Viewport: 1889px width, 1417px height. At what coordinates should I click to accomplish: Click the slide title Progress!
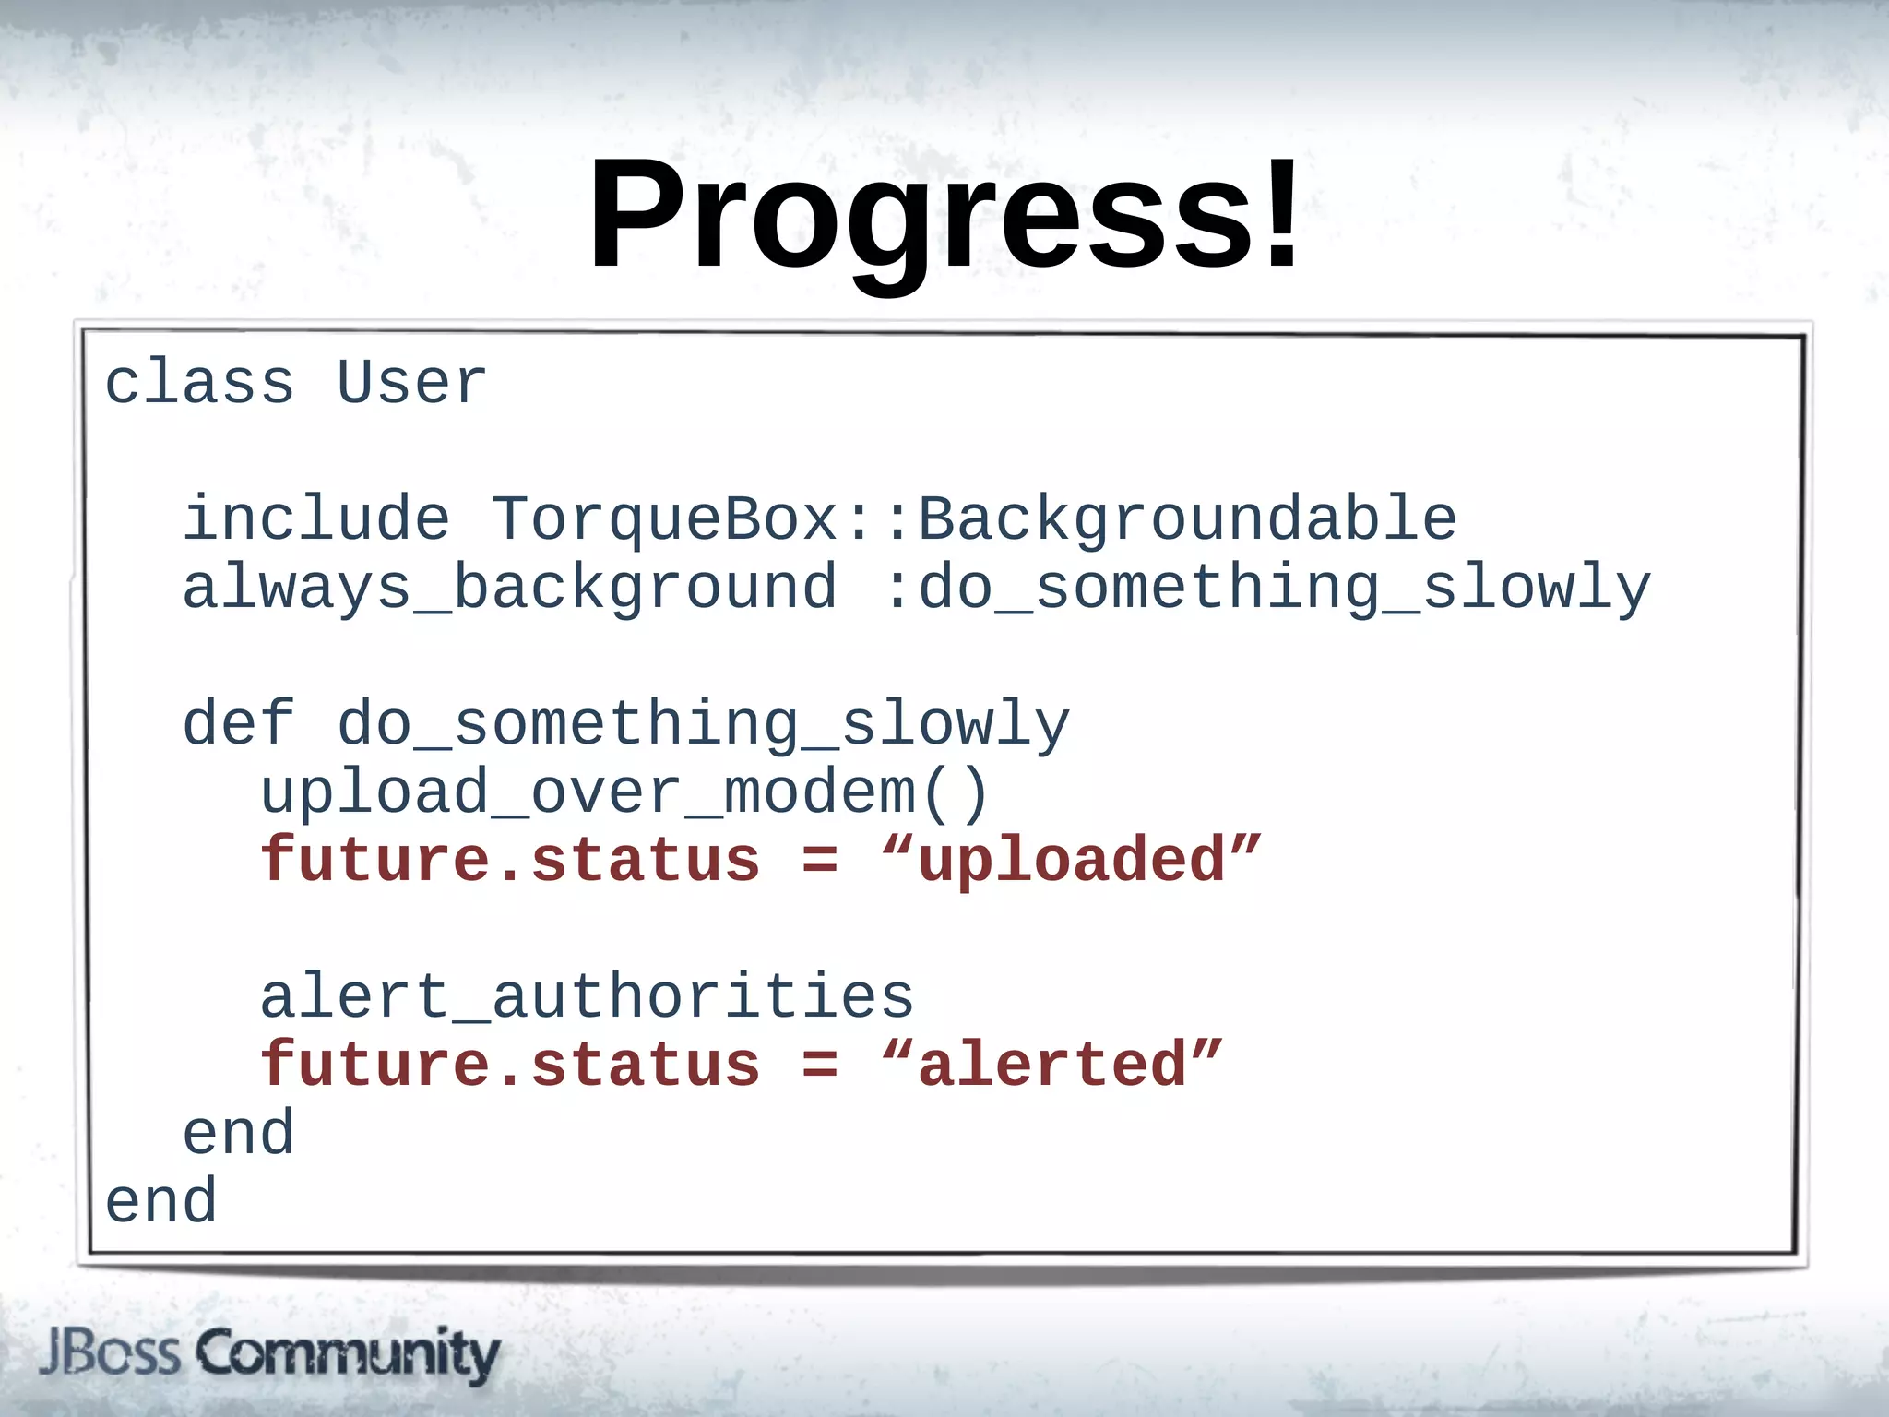click(x=943, y=214)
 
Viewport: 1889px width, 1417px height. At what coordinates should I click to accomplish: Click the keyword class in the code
click(x=199, y=383)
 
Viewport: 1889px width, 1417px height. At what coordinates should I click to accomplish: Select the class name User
click(x=411, y=383)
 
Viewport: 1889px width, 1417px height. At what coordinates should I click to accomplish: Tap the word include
click(x=316, y=518)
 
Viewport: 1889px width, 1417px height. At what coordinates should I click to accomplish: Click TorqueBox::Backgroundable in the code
click(x=973, y=518)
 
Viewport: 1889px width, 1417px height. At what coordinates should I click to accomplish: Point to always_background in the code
click(x=510, y=589)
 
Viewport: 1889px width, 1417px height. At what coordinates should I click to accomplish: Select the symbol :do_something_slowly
click(x=1266, y=589)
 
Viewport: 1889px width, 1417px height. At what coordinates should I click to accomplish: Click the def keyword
click(x=239, y=724)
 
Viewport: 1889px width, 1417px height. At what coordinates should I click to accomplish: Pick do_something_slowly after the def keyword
click(x=703, y=724)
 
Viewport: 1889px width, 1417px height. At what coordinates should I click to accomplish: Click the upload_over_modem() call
click(x=625, y=793)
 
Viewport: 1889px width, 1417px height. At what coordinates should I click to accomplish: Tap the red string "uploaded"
click(x=1071, y=861)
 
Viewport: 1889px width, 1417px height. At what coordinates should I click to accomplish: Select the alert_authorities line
click(x=587, y=997)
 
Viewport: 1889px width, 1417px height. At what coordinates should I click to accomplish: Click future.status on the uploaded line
click(x=510, y=861)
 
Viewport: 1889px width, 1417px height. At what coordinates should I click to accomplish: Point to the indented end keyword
click(x=239, y=1134)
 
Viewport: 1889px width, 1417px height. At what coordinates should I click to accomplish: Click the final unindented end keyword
click(x=161, y=1202)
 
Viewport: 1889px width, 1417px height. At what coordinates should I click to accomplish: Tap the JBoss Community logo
click(x=269, y=1354)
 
